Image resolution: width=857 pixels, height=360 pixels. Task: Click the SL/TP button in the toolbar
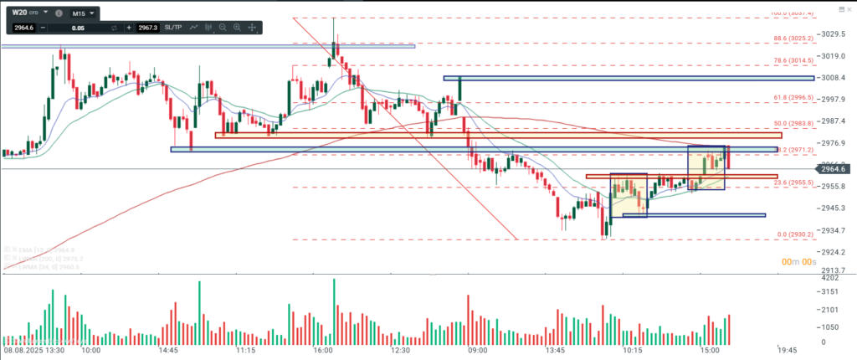(172, 28)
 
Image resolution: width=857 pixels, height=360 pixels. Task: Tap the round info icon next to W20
(58, 14)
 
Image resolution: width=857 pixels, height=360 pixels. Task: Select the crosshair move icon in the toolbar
(252, 28)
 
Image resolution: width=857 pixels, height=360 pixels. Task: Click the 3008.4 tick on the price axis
(834, 78)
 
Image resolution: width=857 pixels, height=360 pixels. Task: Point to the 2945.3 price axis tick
(834, 208)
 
